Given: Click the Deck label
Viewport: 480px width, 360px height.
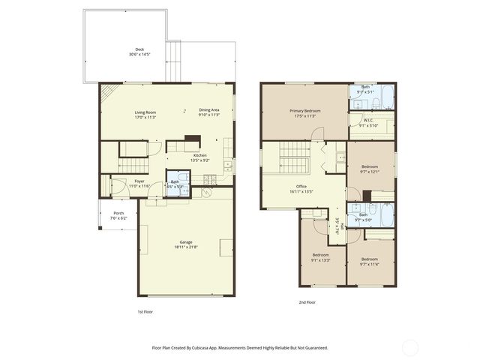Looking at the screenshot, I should pyautogui.click(x=139, y=49).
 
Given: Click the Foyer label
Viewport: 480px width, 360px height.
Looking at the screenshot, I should pyautogui.click(x=139, y=181).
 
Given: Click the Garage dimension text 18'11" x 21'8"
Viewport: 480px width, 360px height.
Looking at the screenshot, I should pyautogui.click(x=185, y=247).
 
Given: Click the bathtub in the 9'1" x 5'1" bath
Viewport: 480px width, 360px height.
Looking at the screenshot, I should pyautogui.click(x=383, y=98).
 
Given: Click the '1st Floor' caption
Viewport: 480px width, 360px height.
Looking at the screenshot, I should pyautogui.click(x=145, y=310).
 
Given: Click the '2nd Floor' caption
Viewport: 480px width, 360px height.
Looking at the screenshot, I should pyautogui.click(x=307, y=302).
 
